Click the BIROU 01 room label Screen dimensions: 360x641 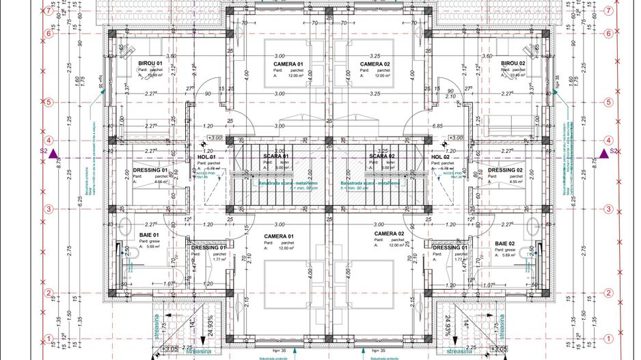click(150, 62)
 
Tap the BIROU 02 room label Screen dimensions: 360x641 click(512, 63)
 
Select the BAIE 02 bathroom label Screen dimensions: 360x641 click(505, 243)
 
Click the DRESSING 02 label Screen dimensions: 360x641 click(506, 170)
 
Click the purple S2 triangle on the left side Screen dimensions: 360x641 click(62, 152)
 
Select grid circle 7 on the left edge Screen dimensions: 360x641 click(49, 12)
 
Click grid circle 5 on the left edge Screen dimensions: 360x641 click(49, 102)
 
